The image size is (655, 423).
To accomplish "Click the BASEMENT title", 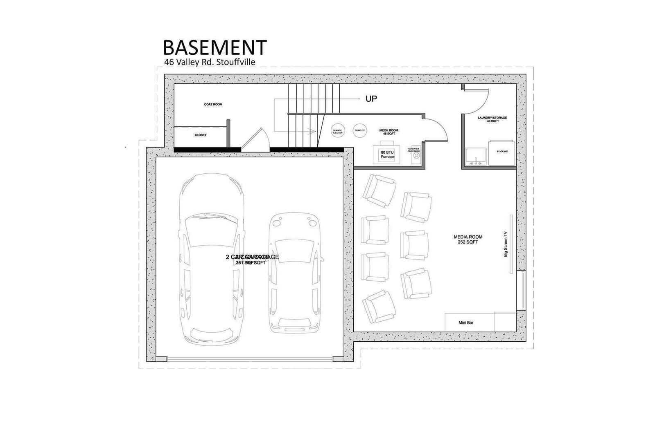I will point(215,48).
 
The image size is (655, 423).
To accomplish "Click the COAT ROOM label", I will point(213,105).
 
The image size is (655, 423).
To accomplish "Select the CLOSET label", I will point(201,135).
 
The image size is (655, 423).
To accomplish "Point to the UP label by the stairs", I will point(371,98).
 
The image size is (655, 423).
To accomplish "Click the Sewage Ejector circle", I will point(338,131).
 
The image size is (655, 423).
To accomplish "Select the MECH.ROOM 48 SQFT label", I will point(388,132).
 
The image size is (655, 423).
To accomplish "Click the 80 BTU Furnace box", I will point(387,154).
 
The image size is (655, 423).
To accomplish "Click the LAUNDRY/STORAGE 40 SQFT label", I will point(492,119).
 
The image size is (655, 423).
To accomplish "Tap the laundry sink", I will point(476,157).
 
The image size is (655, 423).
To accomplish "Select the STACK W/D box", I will point(502,152).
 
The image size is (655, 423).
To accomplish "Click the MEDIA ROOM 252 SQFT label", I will point(468,239).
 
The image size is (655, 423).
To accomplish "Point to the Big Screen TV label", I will point(506,244).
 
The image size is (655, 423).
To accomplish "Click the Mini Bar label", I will point(466,322).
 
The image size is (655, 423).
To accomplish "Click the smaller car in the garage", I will point(295,272).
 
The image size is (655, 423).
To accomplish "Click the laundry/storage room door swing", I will point(476,102).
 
